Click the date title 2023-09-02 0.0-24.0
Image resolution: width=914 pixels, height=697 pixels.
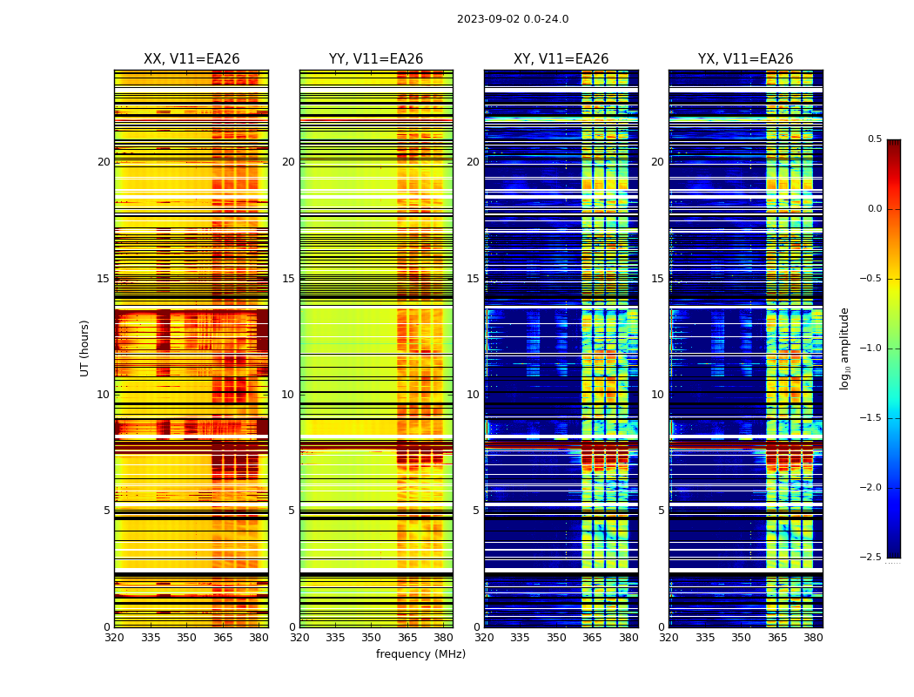click(513, 19)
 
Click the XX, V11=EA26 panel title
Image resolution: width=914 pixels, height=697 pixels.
click(192, 59)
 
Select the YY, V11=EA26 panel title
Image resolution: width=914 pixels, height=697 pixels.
click(376, 59)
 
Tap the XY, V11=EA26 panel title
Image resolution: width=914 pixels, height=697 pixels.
click(561, 59)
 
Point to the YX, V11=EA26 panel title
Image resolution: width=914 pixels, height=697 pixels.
click(745, 59)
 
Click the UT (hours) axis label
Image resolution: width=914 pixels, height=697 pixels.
click(85, 348)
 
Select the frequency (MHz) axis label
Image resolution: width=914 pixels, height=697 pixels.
click(420, 654)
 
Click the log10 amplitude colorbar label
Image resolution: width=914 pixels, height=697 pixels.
click(844, 348)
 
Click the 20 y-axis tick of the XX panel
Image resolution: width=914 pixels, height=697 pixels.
click(104, 162)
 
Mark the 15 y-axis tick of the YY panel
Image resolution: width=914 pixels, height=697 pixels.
click(288, 279)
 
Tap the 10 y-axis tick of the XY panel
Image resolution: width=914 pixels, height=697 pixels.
click(473, 395)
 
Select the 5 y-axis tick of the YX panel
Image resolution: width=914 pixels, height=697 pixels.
click(661, 511)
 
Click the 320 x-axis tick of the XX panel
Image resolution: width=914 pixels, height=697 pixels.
click(114, 638)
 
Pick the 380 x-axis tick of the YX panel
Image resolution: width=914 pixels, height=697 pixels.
click(813, 638)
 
